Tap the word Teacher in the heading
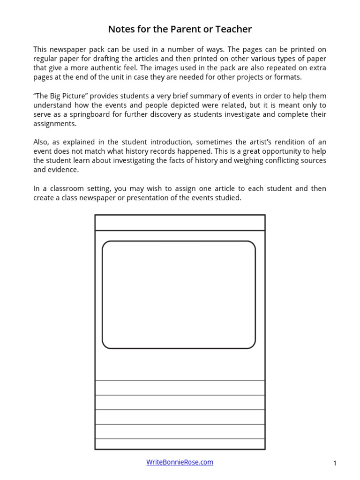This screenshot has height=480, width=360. click(232, 30)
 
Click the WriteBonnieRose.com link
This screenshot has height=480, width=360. click(180, 462)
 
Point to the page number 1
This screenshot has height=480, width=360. click(335, 464)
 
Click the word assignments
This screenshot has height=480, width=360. click(54, 124)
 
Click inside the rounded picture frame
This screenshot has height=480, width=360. click(179, 294)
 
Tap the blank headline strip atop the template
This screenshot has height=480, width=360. click(180, 223)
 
